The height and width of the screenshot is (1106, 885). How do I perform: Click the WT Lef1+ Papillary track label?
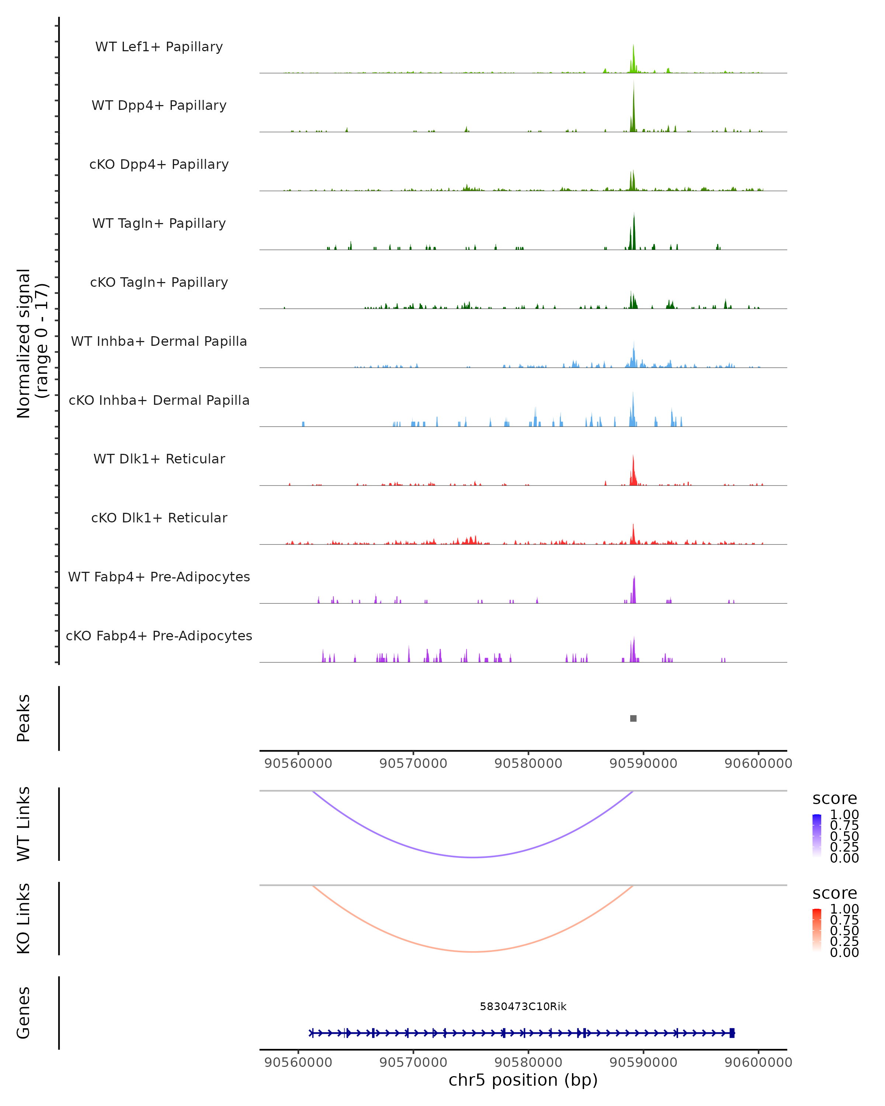pos(159,47)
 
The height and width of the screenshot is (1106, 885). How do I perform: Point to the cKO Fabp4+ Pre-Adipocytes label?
pos(159,636)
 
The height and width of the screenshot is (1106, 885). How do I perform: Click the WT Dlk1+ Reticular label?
pos(159,459)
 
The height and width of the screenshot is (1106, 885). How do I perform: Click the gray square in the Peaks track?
pos(633,718)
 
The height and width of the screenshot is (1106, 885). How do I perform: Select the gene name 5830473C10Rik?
pos(523,1006)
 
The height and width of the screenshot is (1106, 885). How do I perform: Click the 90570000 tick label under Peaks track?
pos(413,764)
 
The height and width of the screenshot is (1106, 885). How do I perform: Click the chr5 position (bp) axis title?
pos(523,1080)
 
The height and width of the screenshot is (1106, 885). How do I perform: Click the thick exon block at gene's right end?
pos(732,1033)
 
